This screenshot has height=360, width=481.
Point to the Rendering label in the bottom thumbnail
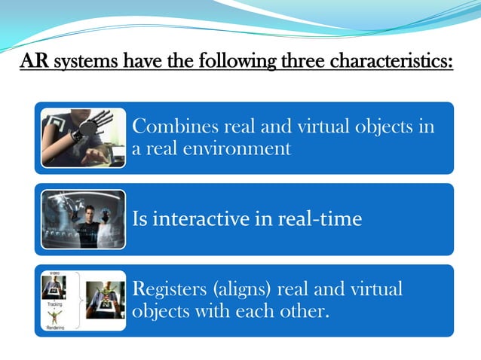[x=55, y=328]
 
